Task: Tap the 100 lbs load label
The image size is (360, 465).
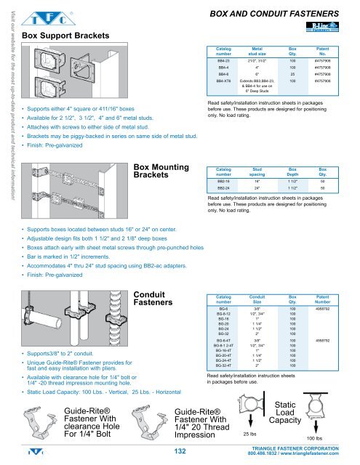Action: [316, 440]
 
